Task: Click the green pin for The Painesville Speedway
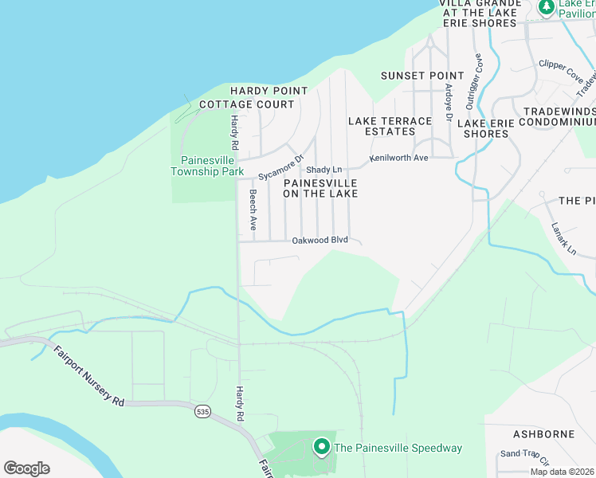pos(322,447)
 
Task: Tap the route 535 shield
pos(202,412)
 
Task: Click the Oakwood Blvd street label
pos(320,240)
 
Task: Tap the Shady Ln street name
pos(323,170)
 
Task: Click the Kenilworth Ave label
pos(398,158)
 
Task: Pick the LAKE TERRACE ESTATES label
pos(390,126)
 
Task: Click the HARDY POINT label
pos(269,92)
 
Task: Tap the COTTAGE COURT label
pos(247,104)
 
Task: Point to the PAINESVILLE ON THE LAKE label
pos(320,188)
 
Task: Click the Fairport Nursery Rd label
pos(89,376)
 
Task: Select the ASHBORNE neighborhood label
pos(544,434)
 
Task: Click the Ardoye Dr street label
pos(449,103)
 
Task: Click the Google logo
pos(26,468)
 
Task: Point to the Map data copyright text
pos(562,472)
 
